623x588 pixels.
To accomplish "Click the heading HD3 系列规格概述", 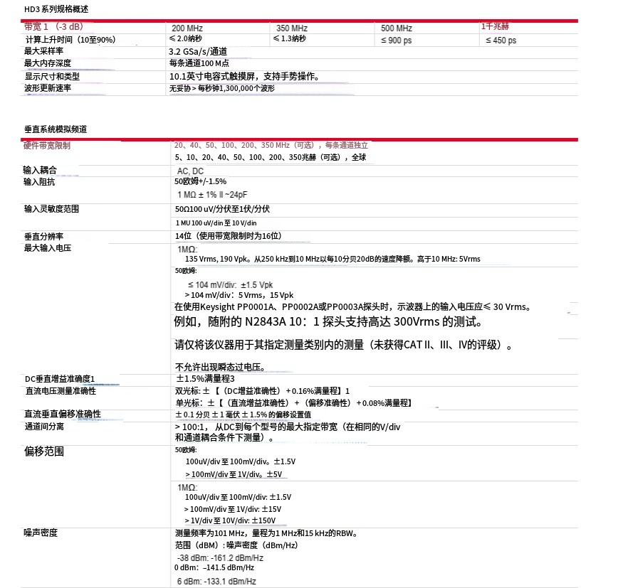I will coord(56,9).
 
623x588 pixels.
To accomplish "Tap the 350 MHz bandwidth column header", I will coord(292,28).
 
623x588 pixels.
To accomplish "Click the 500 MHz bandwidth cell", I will coord(397,28).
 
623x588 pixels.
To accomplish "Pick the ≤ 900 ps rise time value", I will coord(396,41).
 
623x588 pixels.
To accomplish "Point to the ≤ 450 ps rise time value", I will coord(501,41).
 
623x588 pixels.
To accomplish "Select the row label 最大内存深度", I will coord(48,63).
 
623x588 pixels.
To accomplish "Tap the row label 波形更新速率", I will coord(48,88).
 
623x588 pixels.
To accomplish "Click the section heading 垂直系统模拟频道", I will coord(56,129).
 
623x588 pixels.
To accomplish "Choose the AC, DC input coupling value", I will coord(190,171).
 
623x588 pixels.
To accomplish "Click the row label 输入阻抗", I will coord(40,182).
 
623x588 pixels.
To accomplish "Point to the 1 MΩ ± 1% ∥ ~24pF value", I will coord(213,195).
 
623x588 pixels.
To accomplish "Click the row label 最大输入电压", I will coord(48,248).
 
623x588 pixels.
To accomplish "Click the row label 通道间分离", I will coord(44,426).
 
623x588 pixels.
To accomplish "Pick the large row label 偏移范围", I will coord(44,451).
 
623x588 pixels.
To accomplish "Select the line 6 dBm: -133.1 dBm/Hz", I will coord(216,582).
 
